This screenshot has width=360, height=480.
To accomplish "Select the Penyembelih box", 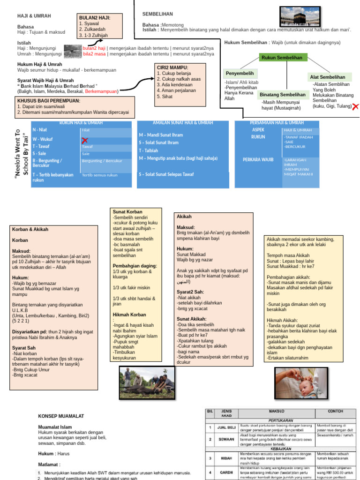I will click(240, 73).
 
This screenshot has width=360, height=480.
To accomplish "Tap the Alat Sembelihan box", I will click(327, 76).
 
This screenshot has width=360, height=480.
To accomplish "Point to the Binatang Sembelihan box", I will click(283, 95).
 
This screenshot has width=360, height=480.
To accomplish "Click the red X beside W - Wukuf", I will click(85, 140).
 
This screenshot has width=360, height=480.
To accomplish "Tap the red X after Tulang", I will click(355, 107).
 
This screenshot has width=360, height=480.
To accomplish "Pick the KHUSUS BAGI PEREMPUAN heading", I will click(49, 101).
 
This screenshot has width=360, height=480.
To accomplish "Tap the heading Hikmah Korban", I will click(129, 315).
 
